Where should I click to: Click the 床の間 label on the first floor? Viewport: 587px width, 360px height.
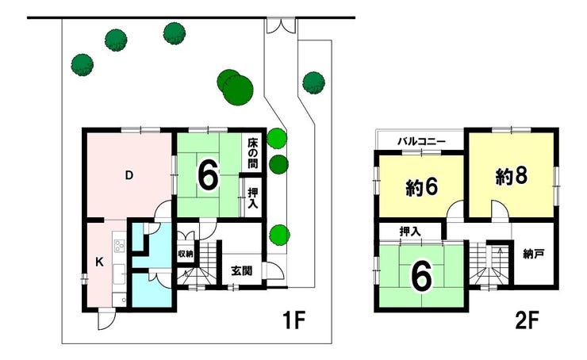(x=253, y=154)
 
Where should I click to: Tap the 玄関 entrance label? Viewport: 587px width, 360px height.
(x=241, y=270)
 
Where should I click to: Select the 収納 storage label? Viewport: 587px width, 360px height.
(x=186, y=254)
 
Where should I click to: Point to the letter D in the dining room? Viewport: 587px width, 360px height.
(x=129, y=175)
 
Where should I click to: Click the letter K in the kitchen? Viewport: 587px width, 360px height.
(x=99, y=262)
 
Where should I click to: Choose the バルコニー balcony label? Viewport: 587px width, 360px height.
(x=421, y=141)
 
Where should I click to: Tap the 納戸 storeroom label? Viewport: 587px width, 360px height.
(x=534, y=255)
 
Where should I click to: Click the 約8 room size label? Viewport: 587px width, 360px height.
(x=512, y=176)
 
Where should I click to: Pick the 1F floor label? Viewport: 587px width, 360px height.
(x=294, y=320)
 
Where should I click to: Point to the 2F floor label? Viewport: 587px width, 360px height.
(x=527, y=320)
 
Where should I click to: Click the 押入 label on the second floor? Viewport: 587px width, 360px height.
(x=410, y=232)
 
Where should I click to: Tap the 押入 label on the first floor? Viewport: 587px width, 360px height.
(x=253, y=198)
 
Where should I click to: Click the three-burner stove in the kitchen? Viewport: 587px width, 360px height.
(x=120, y=246)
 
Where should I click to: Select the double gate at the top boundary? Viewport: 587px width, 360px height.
(x=281, y=25)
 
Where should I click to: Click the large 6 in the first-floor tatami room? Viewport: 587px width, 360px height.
(x=208, y=174)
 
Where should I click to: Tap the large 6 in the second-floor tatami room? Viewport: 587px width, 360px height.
(x=422, y=277)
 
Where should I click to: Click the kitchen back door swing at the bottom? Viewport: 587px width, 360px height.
(x=106, y=320)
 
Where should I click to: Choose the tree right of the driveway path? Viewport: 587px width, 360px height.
(x=313, y=82)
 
